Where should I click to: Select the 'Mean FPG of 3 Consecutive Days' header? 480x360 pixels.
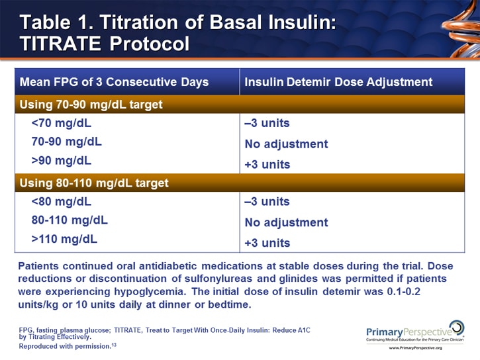pos(114,82)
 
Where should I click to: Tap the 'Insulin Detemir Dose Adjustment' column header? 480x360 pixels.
pos(338,82)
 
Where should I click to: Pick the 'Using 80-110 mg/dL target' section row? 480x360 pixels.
pos(94,183)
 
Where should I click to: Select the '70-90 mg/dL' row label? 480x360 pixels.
pos(66,142)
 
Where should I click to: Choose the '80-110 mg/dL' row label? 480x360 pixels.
pos(70,220)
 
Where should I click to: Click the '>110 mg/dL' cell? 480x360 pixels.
pos(64,238)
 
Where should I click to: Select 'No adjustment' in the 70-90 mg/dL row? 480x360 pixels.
pos(286,144)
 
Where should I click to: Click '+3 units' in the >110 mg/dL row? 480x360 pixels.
pos(267,243)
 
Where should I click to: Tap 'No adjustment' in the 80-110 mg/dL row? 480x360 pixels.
pos(286,222)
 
